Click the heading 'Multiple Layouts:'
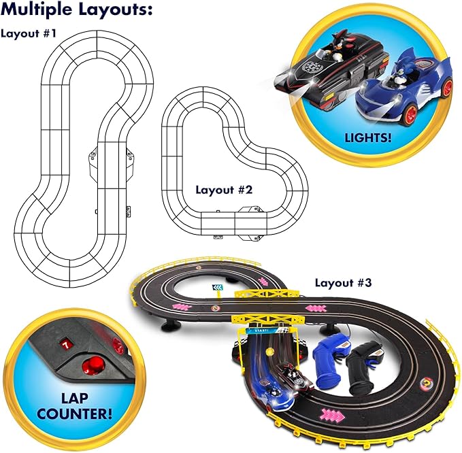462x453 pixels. coord(76,11)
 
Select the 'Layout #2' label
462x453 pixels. coord(225,190)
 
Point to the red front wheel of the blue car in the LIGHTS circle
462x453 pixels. coord(446,88)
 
